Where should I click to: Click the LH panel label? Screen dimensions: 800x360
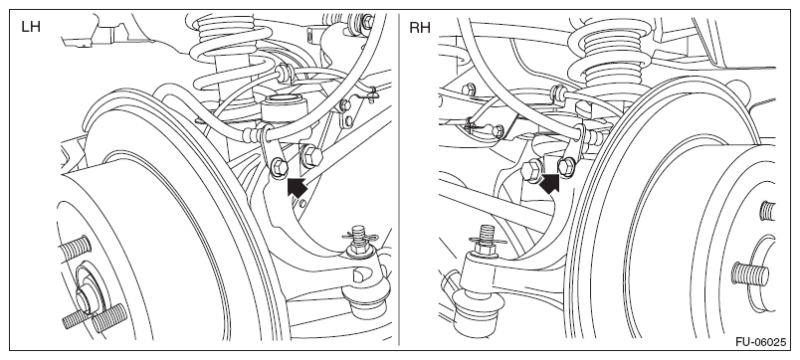(x=31, y=27)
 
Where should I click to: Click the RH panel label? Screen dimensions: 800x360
(x=419, y=28)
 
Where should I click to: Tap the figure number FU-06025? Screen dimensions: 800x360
(x=761, y=342)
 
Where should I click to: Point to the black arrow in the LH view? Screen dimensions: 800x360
(x=298, y=188)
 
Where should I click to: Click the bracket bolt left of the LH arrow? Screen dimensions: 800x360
(x=279, y=167)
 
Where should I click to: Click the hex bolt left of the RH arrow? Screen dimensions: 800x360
(x=530, y=170)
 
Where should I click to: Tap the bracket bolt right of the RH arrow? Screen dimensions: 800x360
(x=565, y=166)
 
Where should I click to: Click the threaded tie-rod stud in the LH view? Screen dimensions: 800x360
(x=359, y=236)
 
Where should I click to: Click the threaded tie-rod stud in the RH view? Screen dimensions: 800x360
(x=487, y=236)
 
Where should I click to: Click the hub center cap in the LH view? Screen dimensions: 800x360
(x=86, y=296)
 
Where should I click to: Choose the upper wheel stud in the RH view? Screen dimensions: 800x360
(x=766, y=210)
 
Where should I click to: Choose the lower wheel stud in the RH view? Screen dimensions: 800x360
(x=749, y=273)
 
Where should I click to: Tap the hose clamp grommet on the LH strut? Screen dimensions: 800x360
(x=284, y=71)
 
